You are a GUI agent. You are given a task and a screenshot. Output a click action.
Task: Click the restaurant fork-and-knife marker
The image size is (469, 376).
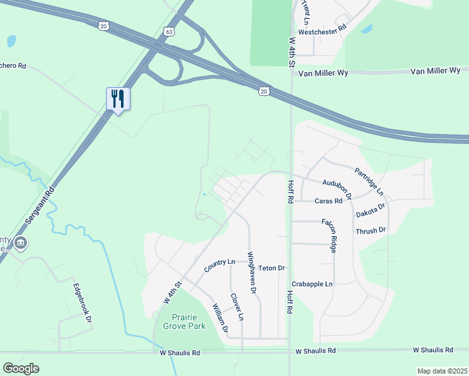pos(118,98)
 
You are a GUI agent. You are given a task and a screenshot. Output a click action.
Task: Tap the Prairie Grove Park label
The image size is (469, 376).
pos(184,322)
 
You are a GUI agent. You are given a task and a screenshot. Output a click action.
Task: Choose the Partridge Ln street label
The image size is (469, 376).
pos(369,180)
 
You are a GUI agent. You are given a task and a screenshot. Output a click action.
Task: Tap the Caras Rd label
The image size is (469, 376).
pos(329,201)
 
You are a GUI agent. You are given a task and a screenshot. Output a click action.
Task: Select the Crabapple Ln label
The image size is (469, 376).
pos(312,284)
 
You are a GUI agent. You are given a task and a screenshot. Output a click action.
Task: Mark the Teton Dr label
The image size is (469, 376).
pos(271,268)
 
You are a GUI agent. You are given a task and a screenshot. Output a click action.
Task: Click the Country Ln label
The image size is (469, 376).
pos(219,265)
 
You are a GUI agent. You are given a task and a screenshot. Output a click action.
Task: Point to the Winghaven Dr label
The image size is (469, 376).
pos(251,273)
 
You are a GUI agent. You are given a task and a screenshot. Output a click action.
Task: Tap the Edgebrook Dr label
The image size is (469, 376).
pos(83,303)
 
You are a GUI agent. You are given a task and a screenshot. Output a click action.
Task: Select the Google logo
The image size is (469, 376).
pos(21,368)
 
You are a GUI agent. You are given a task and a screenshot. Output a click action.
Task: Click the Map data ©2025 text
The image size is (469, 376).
pos(442,371)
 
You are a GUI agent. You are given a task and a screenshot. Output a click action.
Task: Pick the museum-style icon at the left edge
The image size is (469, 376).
pos(21,243)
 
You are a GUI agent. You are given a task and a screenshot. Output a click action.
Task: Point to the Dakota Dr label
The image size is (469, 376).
pos(371,209)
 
